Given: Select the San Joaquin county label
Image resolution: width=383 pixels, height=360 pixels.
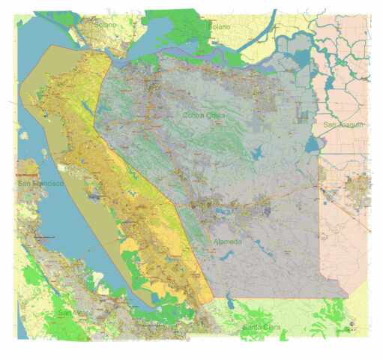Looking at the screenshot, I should (344, 124).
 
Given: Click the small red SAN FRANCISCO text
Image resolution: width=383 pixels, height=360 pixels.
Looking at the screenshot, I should (28, 175).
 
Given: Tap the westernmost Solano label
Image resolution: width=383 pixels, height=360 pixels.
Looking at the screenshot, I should (106, 25).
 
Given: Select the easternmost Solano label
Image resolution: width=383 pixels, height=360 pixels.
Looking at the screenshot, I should (219, 27).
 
